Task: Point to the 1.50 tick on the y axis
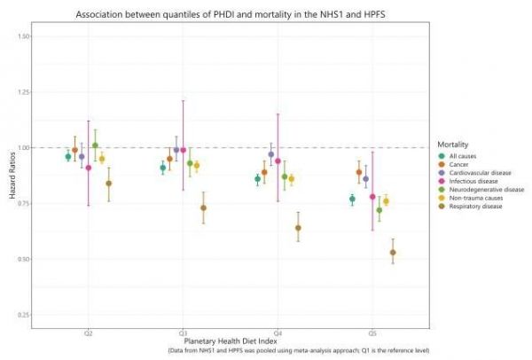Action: pyautogui.click(x=22, y=36)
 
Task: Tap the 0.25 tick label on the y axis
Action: pyautogui.click(x=22, y=315)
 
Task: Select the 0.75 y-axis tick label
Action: pyautogui.click(x=22, y=204)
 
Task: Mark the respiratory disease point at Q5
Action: pyautogui.click(x=393, y=252)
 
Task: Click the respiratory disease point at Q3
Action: pyautogui.click(x=203, y=207)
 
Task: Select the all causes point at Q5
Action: pyautogui.click(x=352, y=200)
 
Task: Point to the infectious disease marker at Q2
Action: pyautogui.click(x=88, y=168)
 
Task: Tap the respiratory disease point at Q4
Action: pyautogui.click(x=298, y=228)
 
